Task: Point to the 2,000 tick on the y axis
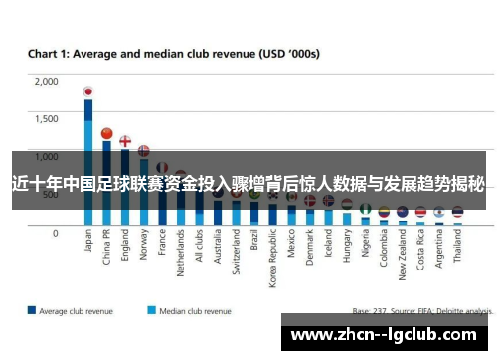[46, 82]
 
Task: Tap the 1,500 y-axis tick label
[46, 118]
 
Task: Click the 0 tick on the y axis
[56, 232]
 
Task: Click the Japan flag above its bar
[88, 92]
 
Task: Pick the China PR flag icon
[106, 132]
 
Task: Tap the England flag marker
[125, 141]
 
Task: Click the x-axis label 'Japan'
[89, 244]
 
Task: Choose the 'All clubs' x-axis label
[199, 251]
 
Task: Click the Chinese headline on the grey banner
[248, 183]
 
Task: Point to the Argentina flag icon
[438, 212]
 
